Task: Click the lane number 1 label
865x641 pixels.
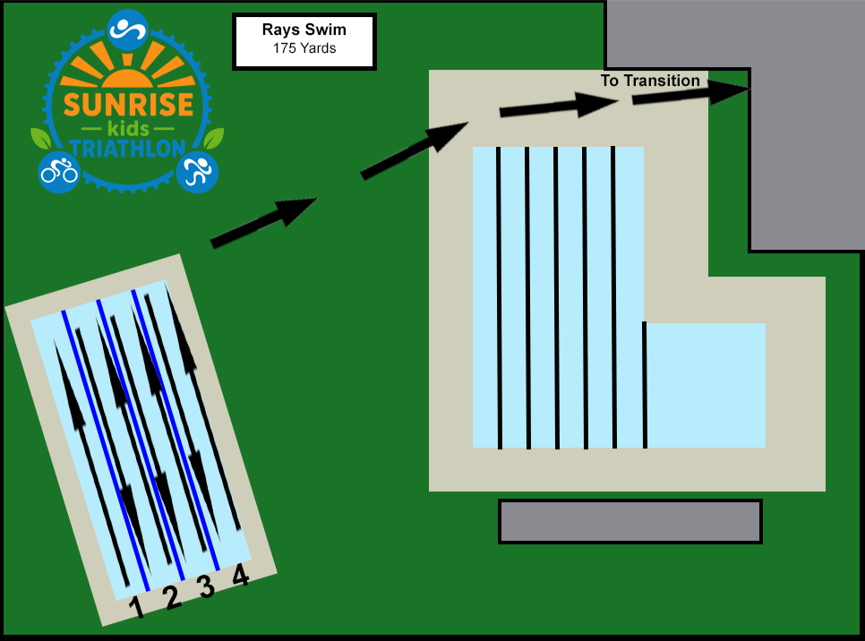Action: click(136, 607)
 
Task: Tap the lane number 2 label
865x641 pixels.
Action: click(172, 597)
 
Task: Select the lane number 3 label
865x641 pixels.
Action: click(206, 586)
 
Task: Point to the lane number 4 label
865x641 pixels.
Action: click(241, 575)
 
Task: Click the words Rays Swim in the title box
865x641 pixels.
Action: click(304, 30)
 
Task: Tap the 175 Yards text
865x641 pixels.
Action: click(304, 48)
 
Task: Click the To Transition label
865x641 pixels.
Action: click(650, 81)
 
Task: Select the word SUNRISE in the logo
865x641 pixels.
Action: click(129, 105)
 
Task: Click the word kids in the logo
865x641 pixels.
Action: click(129, 129)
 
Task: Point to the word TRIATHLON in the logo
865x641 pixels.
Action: click(128, 149)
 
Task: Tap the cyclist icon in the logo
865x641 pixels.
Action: click(59, 172)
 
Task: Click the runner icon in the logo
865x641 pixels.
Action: click(198, 172)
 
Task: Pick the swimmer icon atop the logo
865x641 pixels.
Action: click(127, 30)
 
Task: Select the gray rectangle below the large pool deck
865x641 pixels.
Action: click(630, 521)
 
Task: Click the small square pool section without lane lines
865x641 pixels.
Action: click(706, 385)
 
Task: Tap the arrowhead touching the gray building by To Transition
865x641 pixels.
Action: click(728, 91)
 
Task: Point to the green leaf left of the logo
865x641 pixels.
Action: click(41, 138)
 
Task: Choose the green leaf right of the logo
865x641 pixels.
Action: click(214, 138)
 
